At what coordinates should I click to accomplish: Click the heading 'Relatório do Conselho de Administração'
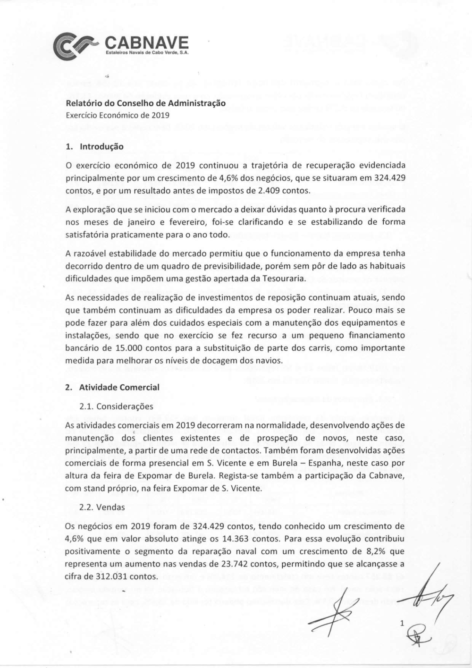click(x=145, y=102)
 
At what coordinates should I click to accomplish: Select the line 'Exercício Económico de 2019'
click(x=118, y=115)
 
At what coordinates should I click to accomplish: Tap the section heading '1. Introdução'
click(x=94, y=146)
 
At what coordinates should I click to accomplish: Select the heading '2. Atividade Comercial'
click(x=112, y=388)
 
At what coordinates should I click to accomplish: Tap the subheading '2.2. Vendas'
click(x=102, y=507)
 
